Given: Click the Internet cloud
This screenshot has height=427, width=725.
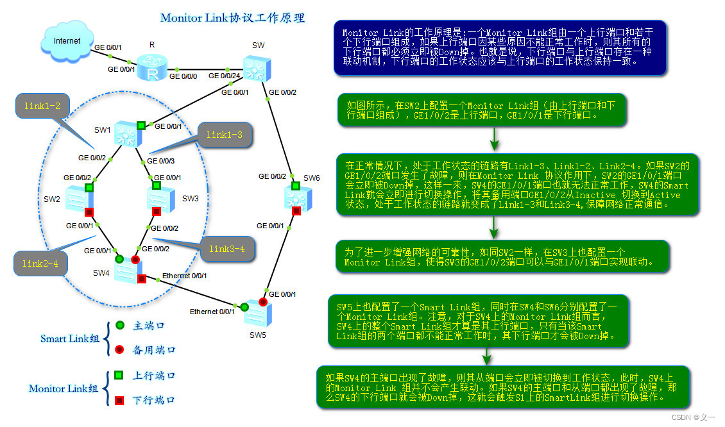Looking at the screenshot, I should tap(66, 42).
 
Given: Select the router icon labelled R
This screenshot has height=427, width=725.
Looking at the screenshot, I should tap(153, 68).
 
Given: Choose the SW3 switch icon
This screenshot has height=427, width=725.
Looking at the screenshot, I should tap(160, 199).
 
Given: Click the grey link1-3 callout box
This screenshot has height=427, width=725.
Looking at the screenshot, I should tap(224, 135).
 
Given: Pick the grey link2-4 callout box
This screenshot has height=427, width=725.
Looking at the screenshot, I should tap(40, 263).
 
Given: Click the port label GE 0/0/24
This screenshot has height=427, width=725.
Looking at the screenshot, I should tap(225, 76).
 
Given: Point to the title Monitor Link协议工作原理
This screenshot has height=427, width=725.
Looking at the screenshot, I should tap(232, 17).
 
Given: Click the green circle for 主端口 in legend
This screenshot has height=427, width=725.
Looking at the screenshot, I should tap(119, 326).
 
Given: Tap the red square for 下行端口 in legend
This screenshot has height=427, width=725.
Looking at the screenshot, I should tap(119, 401).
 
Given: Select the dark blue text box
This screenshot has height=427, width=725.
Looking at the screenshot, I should tap(500, 47).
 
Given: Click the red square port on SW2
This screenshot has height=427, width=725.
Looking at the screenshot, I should tap(89, 212).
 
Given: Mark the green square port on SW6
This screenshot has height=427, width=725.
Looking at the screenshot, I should tap(296, 186).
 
